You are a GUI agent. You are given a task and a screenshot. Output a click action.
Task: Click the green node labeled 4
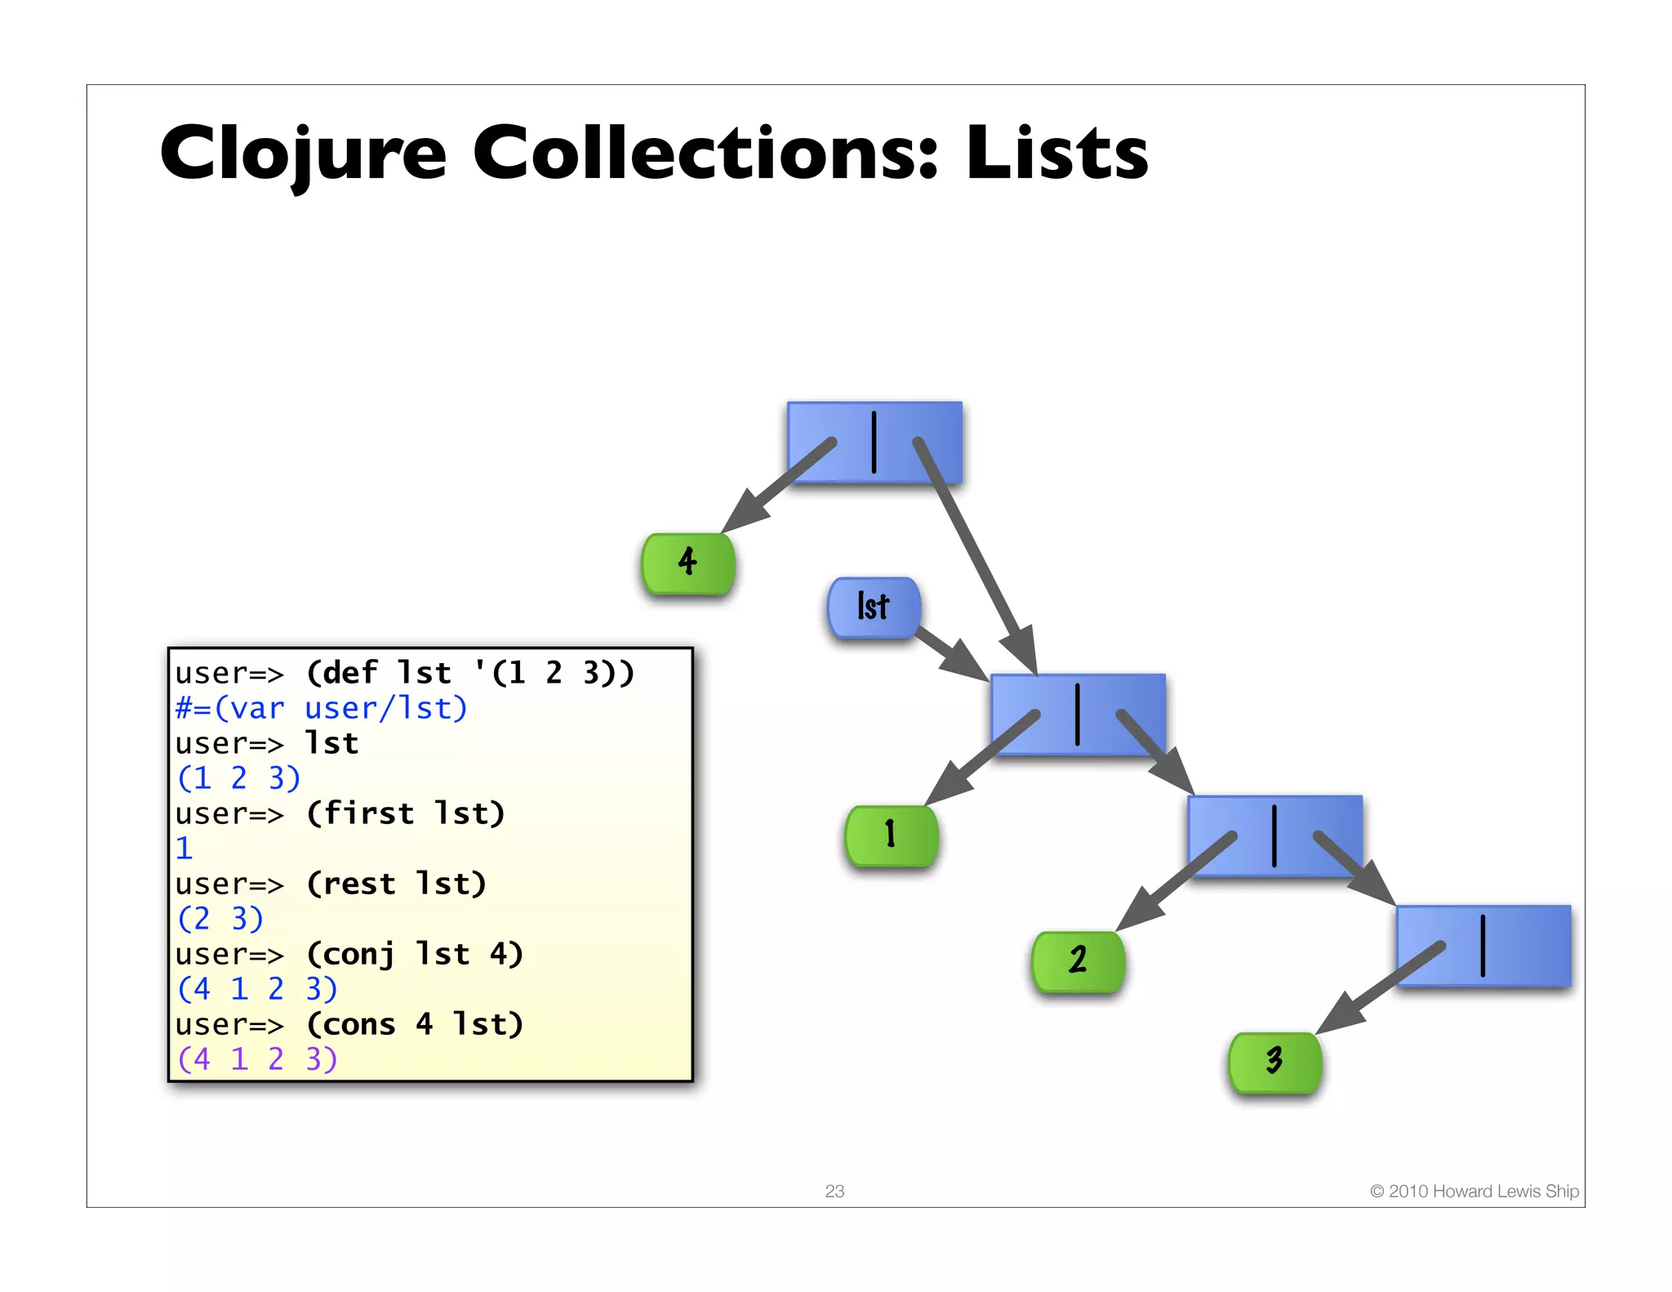[688, 563]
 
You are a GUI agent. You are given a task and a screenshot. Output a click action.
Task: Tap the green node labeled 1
[892, 835]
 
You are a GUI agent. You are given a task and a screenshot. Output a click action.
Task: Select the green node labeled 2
[1078, 960]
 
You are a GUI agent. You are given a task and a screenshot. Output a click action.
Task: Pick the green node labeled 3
[1274, 1062]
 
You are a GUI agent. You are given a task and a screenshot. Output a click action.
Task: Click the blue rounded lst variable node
[874, 607]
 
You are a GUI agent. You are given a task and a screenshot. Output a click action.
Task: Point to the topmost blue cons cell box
[874, 442]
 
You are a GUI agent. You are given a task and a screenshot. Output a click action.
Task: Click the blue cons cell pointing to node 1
[1078, 715]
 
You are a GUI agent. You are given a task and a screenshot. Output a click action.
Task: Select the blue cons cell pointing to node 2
[1274, 835]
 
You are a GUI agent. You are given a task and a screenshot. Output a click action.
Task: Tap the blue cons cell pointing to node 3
[1483, 946]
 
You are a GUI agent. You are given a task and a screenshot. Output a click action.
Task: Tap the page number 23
[834, 1191]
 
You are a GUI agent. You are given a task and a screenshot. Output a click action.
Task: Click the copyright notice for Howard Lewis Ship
[1474, 1191]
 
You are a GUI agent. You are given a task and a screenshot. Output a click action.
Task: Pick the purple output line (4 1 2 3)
[257, 1059]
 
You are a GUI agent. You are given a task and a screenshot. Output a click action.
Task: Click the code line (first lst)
[406, 813]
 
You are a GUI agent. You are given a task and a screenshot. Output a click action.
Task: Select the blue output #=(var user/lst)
[322, 708]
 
